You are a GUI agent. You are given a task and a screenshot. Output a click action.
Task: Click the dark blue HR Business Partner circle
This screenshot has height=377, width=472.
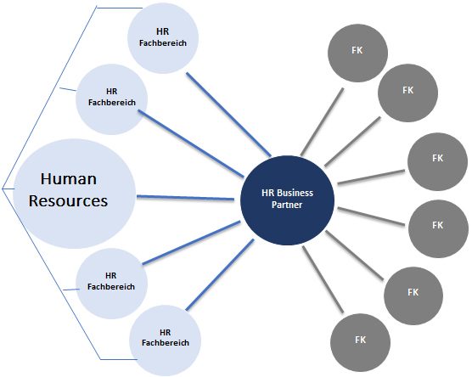click(287, 200)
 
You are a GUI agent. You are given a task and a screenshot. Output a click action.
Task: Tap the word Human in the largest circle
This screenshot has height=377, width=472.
click(69, 179)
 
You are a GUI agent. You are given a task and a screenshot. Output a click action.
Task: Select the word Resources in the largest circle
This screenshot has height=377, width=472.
click(68, 201)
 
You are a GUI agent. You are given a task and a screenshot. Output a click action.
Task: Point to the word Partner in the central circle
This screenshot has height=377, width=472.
click(287, 205)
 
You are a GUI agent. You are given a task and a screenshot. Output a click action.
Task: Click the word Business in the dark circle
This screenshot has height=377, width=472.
click(295, 193)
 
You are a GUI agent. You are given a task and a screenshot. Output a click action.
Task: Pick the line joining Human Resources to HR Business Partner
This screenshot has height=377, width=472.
click(185, 198)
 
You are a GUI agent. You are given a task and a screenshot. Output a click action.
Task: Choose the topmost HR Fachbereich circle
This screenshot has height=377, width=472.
click(163, 38)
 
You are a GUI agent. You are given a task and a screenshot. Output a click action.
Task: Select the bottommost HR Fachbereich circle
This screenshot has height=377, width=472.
click(166, 340)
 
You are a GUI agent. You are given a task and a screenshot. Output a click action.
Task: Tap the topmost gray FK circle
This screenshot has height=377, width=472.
click(357, 53)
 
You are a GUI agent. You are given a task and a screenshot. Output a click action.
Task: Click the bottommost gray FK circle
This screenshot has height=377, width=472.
click(360, 343)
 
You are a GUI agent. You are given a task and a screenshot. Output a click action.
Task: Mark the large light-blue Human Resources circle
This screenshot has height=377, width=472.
click(75, 194)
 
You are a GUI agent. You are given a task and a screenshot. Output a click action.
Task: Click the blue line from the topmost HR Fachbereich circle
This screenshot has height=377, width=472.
click(228, 115)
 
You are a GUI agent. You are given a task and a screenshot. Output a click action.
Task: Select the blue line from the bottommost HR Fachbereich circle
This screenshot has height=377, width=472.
click(220, 274)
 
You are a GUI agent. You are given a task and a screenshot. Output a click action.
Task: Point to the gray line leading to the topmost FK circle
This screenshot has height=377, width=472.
click(322, 121)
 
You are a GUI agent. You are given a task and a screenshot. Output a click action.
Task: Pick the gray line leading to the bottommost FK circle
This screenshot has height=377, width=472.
click(323, 279)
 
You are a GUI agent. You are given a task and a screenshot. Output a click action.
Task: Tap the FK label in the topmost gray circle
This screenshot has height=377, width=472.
click(357, 50)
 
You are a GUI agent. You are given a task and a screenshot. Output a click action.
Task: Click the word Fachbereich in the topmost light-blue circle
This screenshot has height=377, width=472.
click(163, 43)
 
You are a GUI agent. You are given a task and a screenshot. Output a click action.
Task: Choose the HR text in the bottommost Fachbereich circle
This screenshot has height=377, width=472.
click(166, 333)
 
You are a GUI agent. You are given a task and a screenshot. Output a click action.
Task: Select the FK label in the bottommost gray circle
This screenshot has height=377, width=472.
click(360, 340)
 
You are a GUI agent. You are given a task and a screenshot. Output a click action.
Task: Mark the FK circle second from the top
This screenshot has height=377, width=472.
click(407, 93)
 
